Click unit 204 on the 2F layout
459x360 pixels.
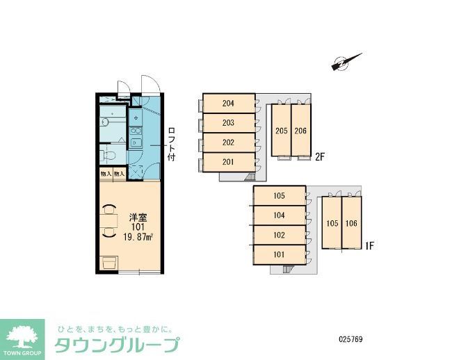[227, 104]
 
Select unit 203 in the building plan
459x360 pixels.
[227, 123]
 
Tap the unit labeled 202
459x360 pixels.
[227, 142]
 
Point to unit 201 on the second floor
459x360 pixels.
[227, 162]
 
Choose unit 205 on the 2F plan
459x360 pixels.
[281, 131]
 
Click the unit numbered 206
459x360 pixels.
[300, 131]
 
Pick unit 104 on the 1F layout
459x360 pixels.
[279, 215]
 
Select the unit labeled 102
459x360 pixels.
[279, 235]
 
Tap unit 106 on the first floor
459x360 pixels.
[351, 223]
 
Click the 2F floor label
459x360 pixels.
[320, 157]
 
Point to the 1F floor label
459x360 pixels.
[371, 245]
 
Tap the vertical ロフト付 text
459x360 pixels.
[171, 145]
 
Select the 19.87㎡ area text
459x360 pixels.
[138, 236]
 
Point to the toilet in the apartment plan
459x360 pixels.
[106, 154]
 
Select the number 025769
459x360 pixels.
[351, 340]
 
